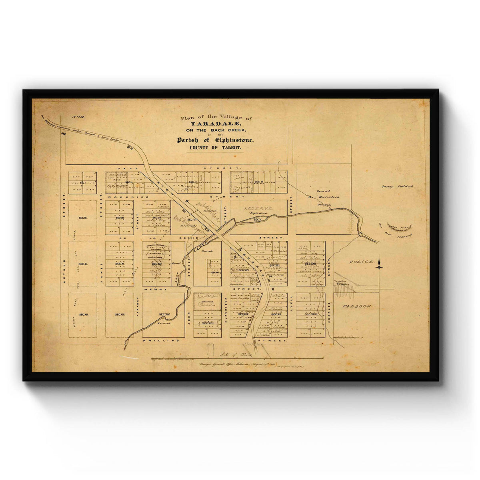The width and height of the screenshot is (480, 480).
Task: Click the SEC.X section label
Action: [x=83, y=264]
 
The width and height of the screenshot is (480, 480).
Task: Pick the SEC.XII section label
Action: [x=83, y=315]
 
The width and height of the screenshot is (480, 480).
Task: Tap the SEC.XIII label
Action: [x=120, y=315]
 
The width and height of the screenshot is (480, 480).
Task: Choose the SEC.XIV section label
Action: [x=164, y=315]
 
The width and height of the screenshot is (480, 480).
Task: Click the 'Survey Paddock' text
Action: [x=398, y=187]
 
